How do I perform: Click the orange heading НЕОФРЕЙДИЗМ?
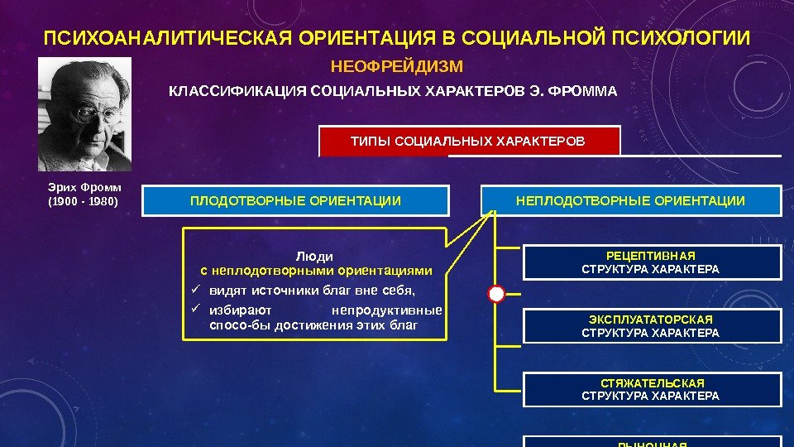[397, 65]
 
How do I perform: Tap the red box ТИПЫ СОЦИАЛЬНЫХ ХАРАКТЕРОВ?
[468, 141]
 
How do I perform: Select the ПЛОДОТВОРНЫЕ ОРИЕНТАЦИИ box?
[295, 200]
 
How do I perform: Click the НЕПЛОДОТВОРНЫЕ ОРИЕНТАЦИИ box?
[630, 200]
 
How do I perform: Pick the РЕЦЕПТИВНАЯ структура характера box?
[651, 262]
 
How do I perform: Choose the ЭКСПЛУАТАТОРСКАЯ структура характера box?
[651, 325]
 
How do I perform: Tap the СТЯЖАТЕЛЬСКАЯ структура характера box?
[651, 389]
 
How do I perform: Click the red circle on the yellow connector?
[495, 293]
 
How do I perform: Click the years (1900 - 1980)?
[83, 201]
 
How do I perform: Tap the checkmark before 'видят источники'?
[195, 291]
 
